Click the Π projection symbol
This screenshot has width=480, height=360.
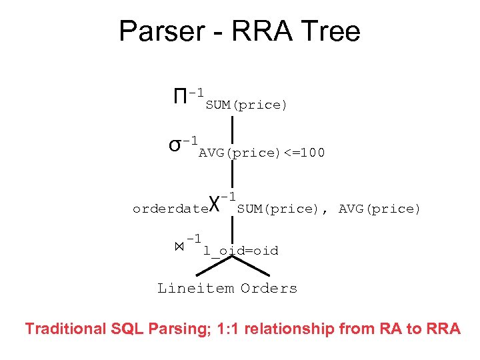(179, 97)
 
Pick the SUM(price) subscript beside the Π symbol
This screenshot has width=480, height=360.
(246, 105)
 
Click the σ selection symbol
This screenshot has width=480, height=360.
(175, 145)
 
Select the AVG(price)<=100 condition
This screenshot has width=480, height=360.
(261, 153)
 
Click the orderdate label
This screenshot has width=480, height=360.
(170, 209)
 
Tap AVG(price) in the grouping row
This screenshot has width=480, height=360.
(379, 209)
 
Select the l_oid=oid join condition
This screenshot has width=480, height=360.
(241, 251)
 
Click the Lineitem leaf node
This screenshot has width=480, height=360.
(195, 288)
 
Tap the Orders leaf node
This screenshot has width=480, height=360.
(269, 288)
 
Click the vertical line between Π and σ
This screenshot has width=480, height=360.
(231, 127)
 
